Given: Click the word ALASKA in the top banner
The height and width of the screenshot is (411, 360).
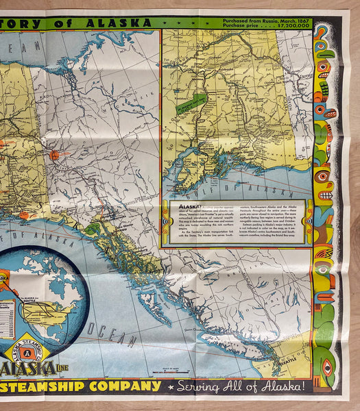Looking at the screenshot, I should click(123, 22).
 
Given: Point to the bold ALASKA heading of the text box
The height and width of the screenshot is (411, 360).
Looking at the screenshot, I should click(177, 205).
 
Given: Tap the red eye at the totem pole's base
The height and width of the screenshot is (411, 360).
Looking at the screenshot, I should click(327, 364).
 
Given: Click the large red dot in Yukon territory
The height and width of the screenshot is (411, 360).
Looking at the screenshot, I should click(54, 155).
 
